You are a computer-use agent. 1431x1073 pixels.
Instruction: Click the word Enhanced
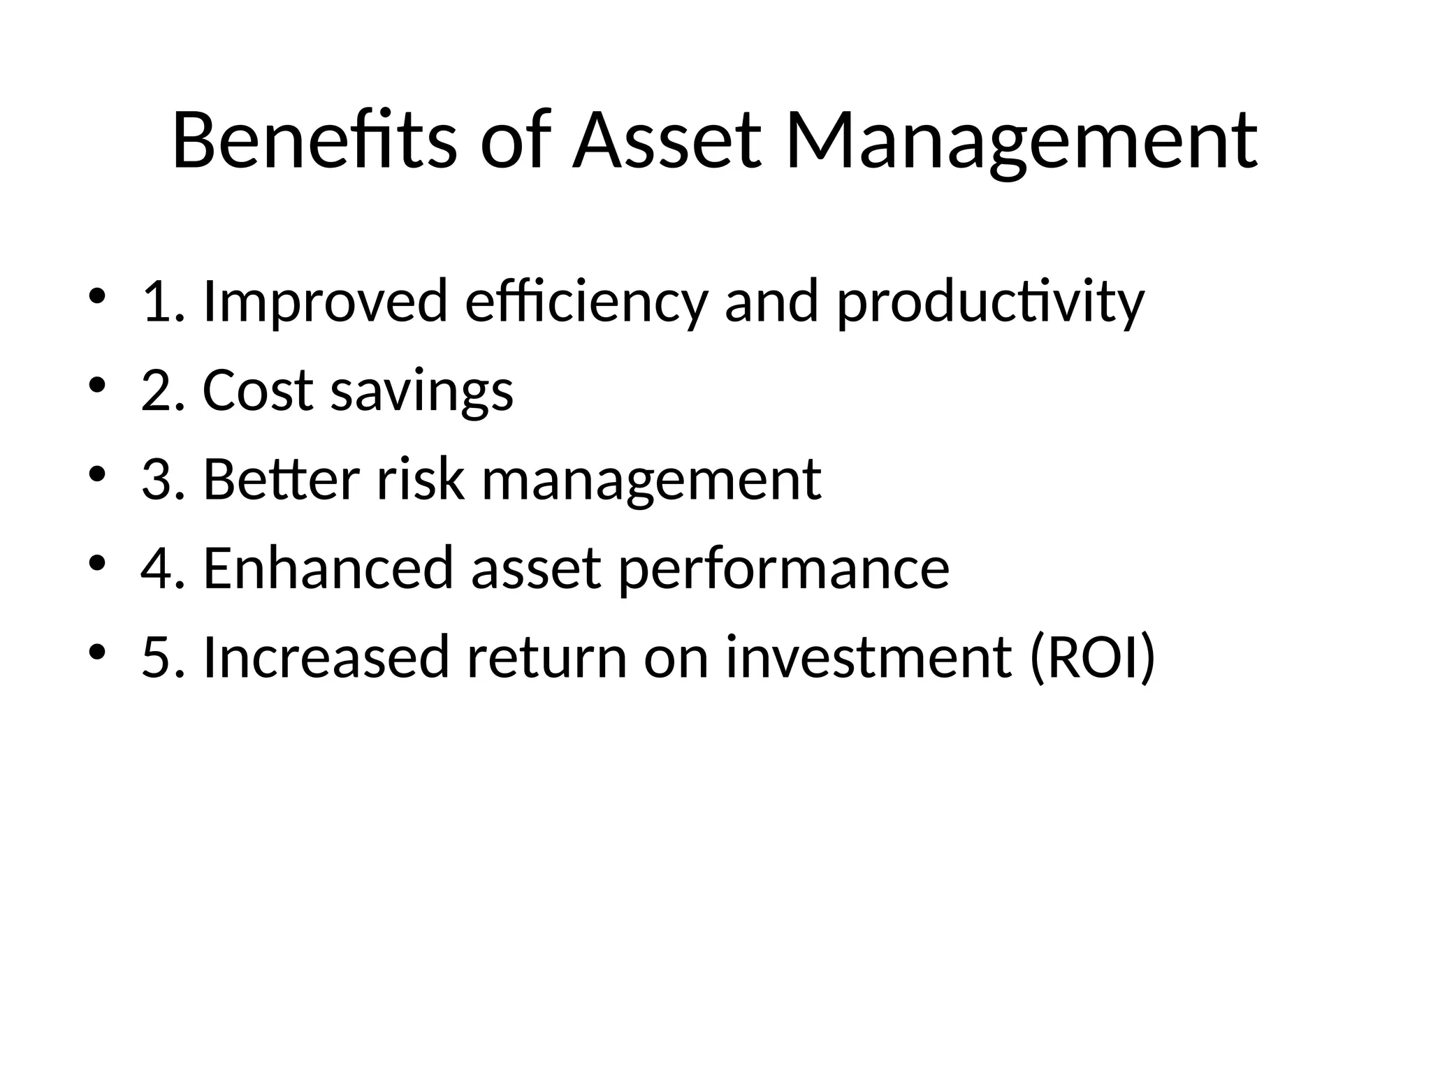point(329,568)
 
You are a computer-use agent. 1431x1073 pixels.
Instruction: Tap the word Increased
point(326,657)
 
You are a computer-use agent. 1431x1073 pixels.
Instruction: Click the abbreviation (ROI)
point(1093,657)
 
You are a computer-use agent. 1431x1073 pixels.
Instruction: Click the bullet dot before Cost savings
point(97,385)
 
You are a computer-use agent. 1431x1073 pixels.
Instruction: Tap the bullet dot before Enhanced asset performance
point(97,562)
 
